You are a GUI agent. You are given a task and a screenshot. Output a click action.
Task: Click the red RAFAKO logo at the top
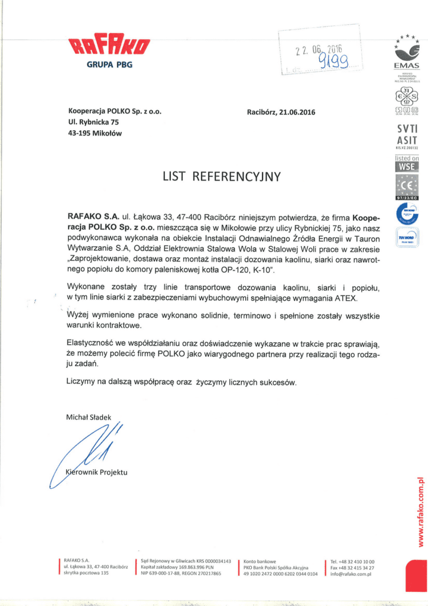[x=109, y=45]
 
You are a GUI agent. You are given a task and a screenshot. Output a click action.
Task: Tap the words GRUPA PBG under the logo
[x=110, y=65]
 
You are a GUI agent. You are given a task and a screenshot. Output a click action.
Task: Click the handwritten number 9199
[x=333, y=60]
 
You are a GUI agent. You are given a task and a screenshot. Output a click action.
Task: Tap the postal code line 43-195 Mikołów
[x=95, y=133]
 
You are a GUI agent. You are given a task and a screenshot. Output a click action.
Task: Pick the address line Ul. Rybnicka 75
[x=93, y=122]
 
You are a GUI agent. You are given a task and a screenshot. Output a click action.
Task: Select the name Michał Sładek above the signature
[x=89, y=417]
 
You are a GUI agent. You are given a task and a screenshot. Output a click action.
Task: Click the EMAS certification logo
[x=406, y=53]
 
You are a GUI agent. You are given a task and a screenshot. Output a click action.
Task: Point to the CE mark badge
[x=407, y=187]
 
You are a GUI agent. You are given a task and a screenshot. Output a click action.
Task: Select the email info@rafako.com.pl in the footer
[x=355, y=573]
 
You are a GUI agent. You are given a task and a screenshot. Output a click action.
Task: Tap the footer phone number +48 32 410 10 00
[x=356, y=561]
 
